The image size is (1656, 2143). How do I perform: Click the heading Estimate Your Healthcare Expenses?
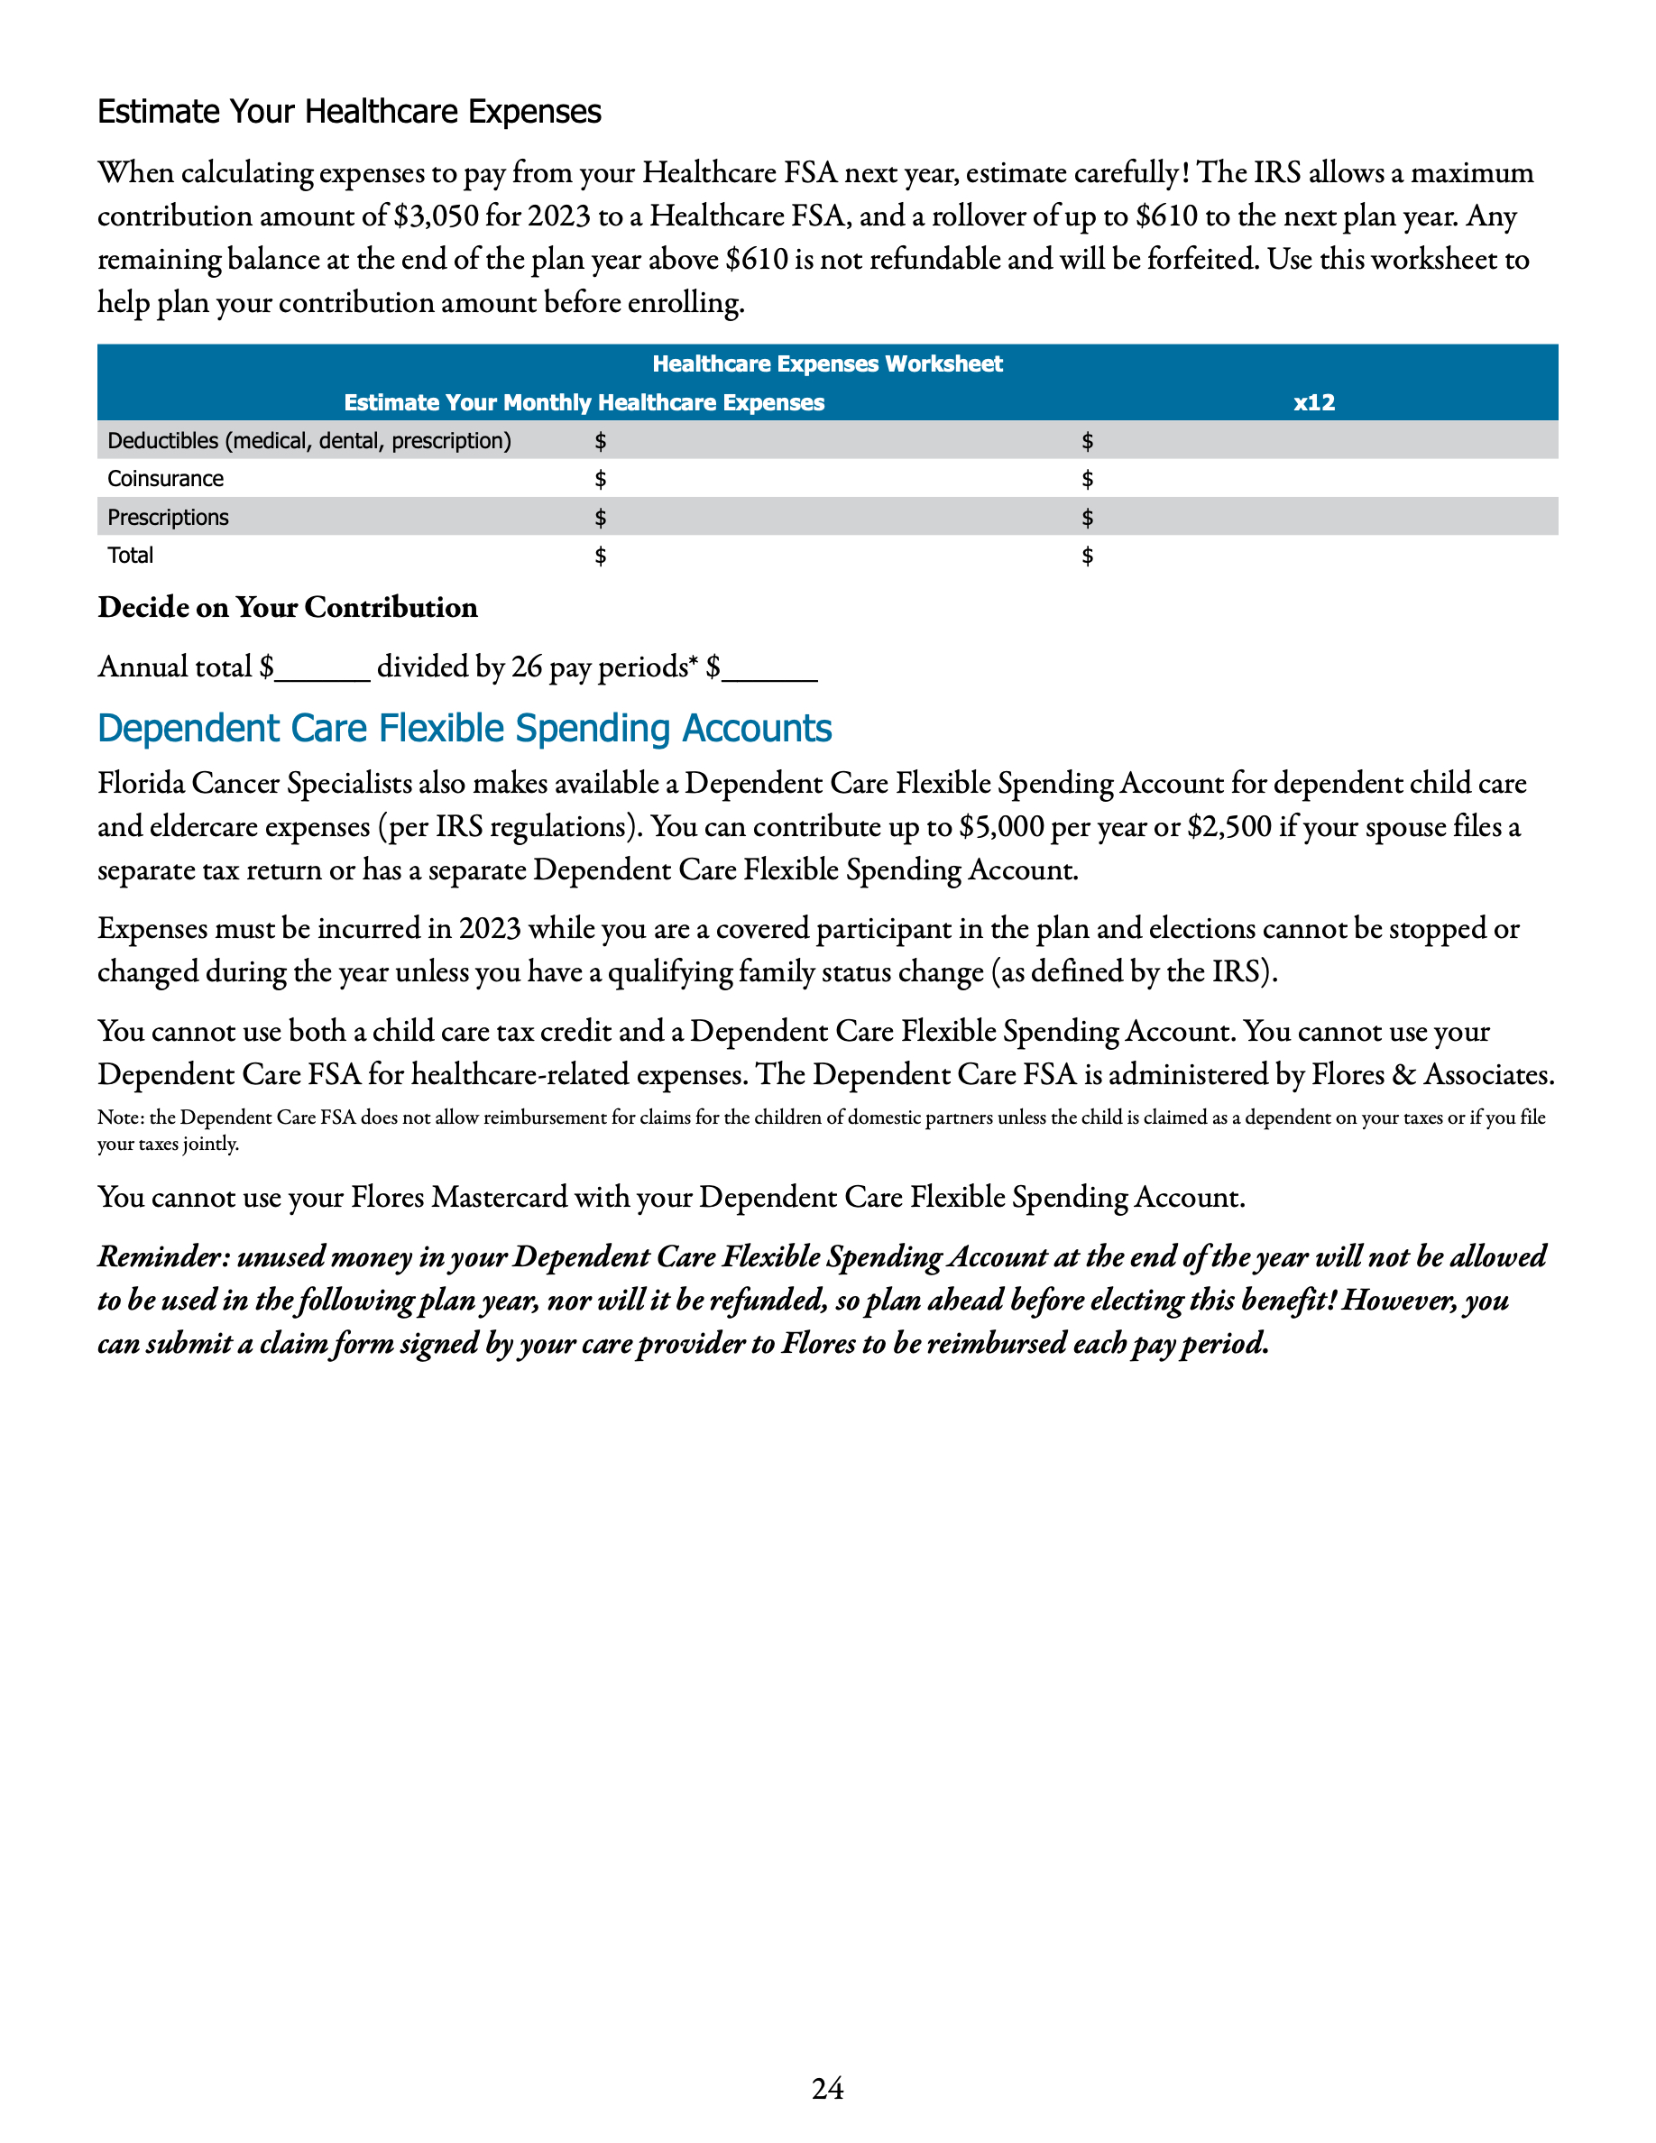click(348, 112)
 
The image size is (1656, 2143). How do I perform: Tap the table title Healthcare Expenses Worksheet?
click(827, 364)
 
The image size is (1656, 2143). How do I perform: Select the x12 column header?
click(1313, 402)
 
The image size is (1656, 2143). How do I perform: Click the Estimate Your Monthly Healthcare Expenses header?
click(584, 402)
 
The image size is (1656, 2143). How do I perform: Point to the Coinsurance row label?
click(165, 479)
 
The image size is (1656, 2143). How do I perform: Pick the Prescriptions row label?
click(168, 517)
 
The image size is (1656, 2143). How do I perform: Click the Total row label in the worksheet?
click(131, 556)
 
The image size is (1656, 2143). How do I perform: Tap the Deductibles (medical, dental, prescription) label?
click(309, 440)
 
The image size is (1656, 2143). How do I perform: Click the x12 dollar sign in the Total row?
click(1087, 556)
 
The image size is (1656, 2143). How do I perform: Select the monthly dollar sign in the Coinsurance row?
click(601, 479)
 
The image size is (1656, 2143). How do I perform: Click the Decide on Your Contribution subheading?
click(288, 607)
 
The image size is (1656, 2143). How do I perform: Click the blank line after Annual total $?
click(323, 673)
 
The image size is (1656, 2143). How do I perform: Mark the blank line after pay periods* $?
click(770, 673)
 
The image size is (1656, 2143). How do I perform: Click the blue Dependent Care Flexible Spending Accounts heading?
click(464, 728)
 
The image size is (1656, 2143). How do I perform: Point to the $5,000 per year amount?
click(1000, 827)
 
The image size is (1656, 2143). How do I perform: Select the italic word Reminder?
click(161, 1257)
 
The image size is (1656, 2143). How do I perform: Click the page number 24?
click(827, 2088)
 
